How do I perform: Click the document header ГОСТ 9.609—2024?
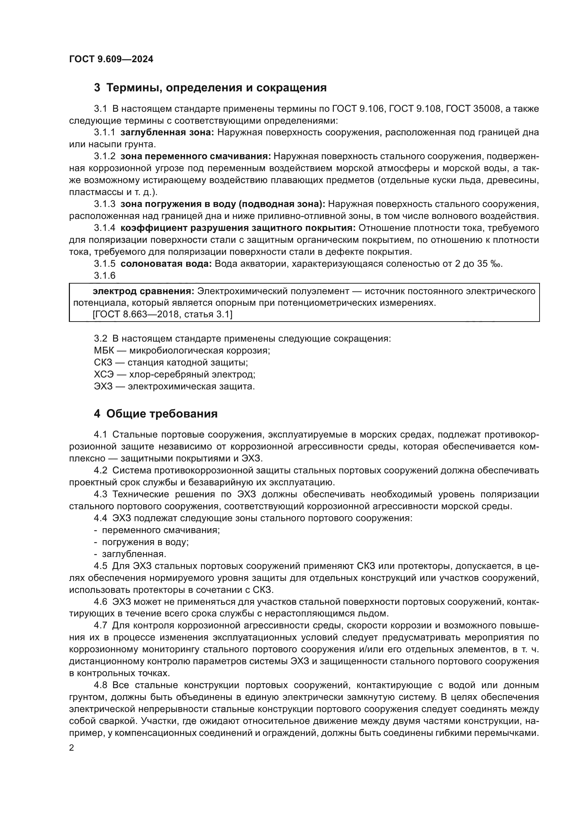click(111, 59)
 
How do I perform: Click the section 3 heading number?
click(97, 88)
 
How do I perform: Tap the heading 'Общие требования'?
click(162, 414)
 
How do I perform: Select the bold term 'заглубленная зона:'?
click(167, 132)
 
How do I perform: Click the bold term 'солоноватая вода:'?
click(166, 264)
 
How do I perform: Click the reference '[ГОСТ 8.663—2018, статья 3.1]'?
click(162, 315)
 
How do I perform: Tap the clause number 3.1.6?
click(104, 276)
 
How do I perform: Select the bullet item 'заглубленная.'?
click(134, 554)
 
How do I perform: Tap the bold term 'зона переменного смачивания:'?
click(195, 156)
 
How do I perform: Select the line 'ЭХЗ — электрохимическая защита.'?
click(174, 387)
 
